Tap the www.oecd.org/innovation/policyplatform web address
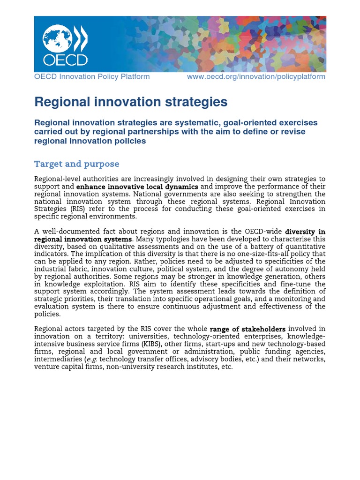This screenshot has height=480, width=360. (256, 76)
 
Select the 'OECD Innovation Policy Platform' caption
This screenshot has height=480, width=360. (92, 76)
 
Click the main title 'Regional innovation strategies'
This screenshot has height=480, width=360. (131, 102)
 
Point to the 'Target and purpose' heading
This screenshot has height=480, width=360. (76, 164)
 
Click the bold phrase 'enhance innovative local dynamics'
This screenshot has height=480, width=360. (137, 187)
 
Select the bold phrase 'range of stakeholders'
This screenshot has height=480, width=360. (247, 329)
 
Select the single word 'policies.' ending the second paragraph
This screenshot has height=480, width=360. (47, 314)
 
